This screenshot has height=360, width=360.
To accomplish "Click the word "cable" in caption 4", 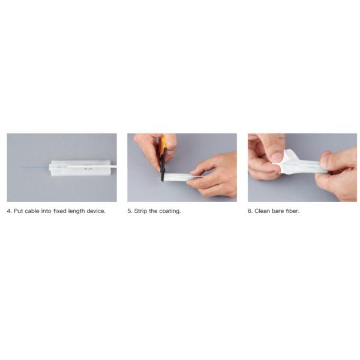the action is pyautogui.click(x=32, y=211).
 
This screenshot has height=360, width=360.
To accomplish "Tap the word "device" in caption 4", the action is pyautogui.click(x=95, y=211).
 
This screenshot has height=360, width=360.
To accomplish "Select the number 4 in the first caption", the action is pyautogui.click(x=9, y=211).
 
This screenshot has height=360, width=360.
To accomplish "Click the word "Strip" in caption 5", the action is pyautogui.click(x=140, y=211).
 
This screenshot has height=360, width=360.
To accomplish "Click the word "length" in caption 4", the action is pyautogui.click(x=76, y=211).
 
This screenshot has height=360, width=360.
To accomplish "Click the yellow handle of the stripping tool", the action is pyautogui.click(x=163, y=145).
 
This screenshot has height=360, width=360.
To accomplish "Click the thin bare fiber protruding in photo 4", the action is pyautogui.click(x=34, y=167).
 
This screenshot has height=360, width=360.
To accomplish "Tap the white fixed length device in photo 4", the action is pyautogui.click(x=80, y=168).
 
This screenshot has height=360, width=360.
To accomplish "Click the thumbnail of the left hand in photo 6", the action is pyautogui.click(x=277, y=157).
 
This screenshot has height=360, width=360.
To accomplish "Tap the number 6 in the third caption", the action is pyautogui.click(x=250, y=211).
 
